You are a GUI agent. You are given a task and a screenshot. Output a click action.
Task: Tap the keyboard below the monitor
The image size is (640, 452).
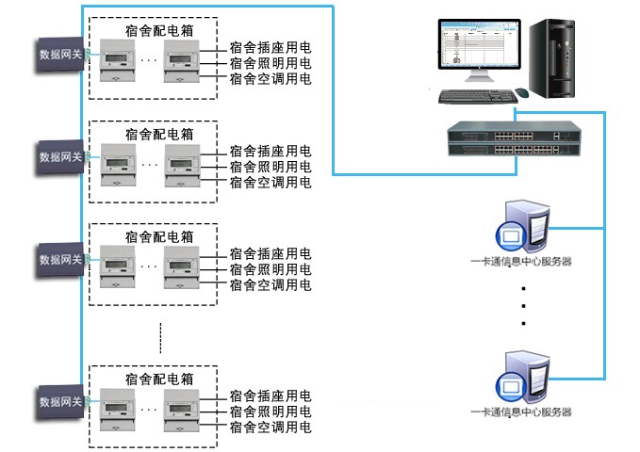(474, 96)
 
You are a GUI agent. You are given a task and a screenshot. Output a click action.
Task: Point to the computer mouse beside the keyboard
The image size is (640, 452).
(522, 92)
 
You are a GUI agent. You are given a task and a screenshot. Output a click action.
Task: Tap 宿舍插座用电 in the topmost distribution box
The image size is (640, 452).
(271, 47)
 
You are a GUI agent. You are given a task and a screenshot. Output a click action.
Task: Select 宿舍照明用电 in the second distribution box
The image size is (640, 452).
(271, 167)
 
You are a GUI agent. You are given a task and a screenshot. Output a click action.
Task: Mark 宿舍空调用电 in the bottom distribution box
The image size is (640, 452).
(271, 426)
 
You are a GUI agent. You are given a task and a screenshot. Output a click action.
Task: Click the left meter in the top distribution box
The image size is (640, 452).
(118, 63)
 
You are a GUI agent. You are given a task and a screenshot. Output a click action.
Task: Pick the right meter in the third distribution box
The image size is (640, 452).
(180, 269)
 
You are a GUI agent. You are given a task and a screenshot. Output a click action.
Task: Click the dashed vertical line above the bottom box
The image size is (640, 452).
(160, 334)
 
